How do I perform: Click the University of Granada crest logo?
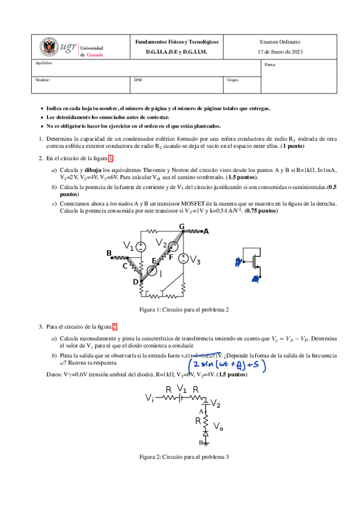[49, 47]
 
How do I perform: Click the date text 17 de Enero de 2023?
[279, 52]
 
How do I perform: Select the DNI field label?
[138, 79]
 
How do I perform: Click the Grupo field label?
[233, 79]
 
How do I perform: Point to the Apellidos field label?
[44, 63]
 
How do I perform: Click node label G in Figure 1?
[182, 226]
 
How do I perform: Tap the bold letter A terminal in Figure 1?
[206, 231]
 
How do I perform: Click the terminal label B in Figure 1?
[109, 253]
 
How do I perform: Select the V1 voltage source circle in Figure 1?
[141, 246]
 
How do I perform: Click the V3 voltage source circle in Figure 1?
[183, 259]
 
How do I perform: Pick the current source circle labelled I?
[152, 272]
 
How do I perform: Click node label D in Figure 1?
[135, 281]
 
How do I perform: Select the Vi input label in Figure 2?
[149, 398]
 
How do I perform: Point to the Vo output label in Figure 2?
[219, 426]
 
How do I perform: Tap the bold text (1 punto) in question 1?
[293, 146]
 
